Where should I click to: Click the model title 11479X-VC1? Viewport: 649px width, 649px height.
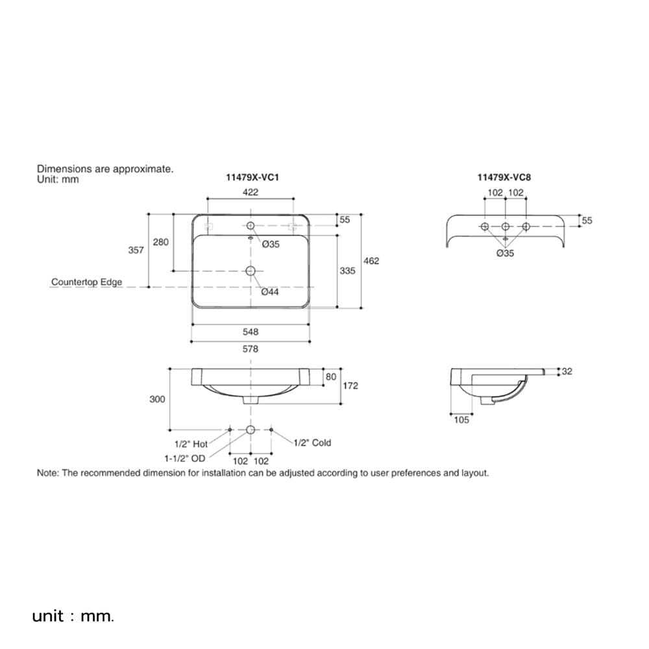point(252,177)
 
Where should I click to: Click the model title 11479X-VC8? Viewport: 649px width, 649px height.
point(504,177)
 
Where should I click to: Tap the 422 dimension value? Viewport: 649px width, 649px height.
point(251,192)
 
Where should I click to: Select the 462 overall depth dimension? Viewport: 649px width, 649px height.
point(371,261)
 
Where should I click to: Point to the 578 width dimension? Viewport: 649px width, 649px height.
point(251,349)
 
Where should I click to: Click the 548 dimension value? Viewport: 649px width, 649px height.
point(251,332)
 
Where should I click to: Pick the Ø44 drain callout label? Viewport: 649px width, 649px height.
point(270,292)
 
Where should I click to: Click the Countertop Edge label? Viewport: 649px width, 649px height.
point(86,282)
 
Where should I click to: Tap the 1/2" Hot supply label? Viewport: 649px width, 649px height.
point(191,444)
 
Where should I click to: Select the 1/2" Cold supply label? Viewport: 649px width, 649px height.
point(313,443)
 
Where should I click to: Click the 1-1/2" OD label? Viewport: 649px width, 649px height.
point(184,458)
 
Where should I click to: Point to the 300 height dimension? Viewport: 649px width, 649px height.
point(157,399)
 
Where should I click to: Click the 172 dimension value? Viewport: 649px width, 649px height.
point(350,386)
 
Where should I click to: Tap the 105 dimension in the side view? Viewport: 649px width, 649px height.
point(461,420)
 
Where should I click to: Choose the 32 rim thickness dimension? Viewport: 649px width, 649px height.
point(567,371)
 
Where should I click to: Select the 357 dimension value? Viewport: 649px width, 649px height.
point(136,250)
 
